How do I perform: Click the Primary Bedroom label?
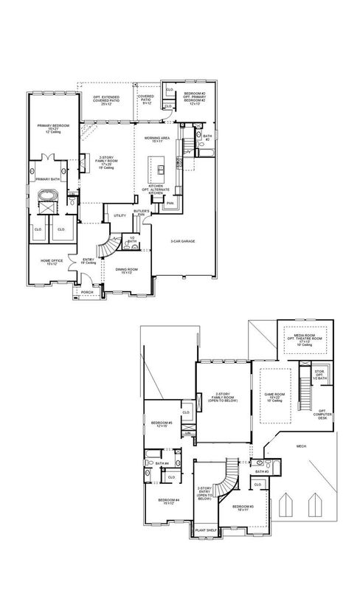[x=53, y=128]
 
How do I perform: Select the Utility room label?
[x=117, y=216]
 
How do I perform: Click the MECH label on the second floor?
[x=301, y=446]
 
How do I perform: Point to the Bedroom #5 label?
[x=160, y=424]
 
